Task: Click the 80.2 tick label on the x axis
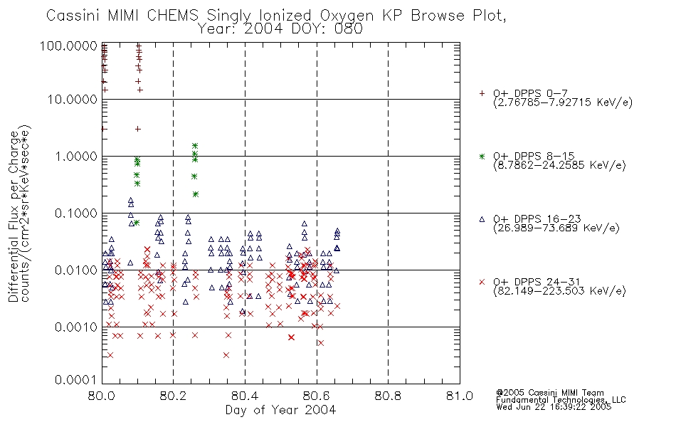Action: point(173,396)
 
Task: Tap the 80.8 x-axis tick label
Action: point(388,396)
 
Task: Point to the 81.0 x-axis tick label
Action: point(460,396)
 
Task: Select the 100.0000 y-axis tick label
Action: point(68,46)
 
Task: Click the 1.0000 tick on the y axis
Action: point(76,156)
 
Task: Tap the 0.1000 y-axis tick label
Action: point(76,213)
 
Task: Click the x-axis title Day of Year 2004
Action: point(280,410)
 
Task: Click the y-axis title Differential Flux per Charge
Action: point(14,216)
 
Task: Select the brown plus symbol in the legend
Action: point(482,93)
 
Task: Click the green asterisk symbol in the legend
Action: point(482,156)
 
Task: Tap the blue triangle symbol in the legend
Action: point(482,219)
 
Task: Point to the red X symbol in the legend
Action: point(482,282)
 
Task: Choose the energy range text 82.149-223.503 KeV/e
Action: point(559,291)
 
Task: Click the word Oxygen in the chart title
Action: point(347,16)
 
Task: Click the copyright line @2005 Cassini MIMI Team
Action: point(549,393)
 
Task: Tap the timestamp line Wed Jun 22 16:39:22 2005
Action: point(554,407)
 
